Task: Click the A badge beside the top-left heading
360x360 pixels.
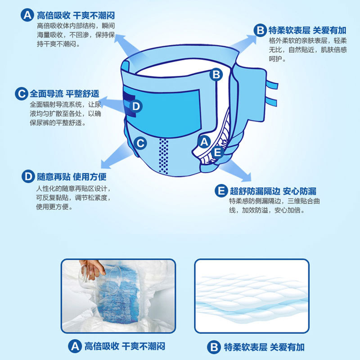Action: pos(27,15)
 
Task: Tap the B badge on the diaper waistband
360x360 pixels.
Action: pos(216,75)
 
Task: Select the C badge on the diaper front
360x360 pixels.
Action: pos(140,143)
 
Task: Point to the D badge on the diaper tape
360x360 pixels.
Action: pos(136,106)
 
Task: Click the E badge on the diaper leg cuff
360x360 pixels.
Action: pos(217,152)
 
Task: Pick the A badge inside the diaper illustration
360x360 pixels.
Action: pos(204,142)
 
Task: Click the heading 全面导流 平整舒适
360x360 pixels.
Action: pos(64,94)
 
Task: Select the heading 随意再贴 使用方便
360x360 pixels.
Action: pos(72,176)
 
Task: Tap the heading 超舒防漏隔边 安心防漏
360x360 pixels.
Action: pos(273,191)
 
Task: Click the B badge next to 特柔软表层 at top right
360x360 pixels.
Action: pos(260,30)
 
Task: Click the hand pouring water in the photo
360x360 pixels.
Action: pos(92,269)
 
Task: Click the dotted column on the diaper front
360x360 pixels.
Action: pos(163,156)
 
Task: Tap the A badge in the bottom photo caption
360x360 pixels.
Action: pos(75,346)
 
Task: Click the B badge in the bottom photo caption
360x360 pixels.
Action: pos(214,347)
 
